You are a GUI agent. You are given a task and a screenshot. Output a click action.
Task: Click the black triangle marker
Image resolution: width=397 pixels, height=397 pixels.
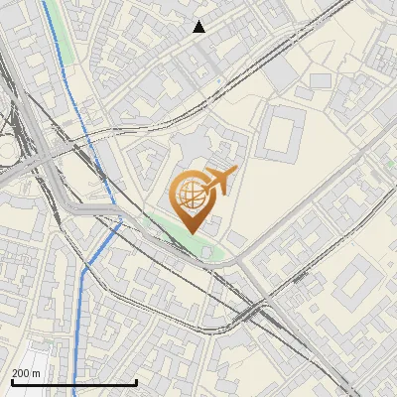pyautogui.click(x=199, y=27)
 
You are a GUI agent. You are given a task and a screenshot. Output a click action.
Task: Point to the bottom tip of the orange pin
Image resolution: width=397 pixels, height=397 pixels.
pyautogui.click(x=191, y=232)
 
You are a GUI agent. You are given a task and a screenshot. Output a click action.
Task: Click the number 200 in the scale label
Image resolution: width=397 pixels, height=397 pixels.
pyautogui.click(x=22, y=373)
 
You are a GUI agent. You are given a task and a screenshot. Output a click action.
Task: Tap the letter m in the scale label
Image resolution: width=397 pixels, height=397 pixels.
pyautogui.click(x=38, y=373)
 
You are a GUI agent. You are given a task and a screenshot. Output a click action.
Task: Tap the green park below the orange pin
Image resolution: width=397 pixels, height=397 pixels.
pyautogui.click(x=179, y=235)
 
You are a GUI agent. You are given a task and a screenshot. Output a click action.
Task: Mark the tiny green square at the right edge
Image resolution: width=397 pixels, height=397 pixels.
pyautogui.click(x=392, y=165)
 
